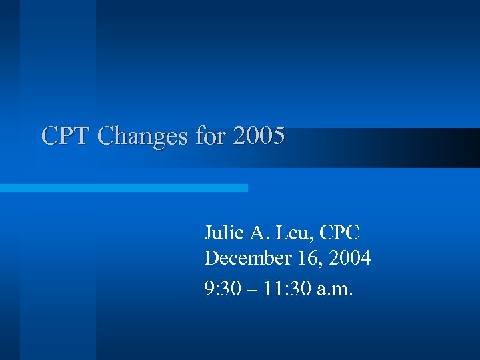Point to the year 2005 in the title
pyautogui.click(x=259, y=136)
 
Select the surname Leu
pyautogui.click(x=293, y=233)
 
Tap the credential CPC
pyautogui.click(x=339, y=233)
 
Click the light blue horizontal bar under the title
pyautogui.click(x=123, y=188)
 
